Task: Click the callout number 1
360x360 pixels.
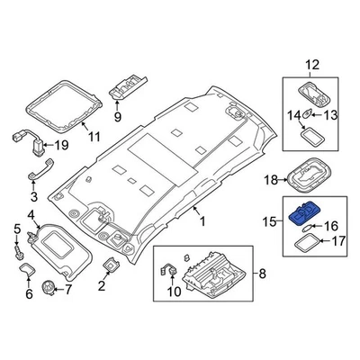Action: [x=202, y=220]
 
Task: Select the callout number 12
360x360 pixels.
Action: [x=311, y=65]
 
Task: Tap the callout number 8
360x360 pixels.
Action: [x=262, y=274]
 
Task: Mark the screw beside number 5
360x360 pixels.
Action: [x=17, y=254]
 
